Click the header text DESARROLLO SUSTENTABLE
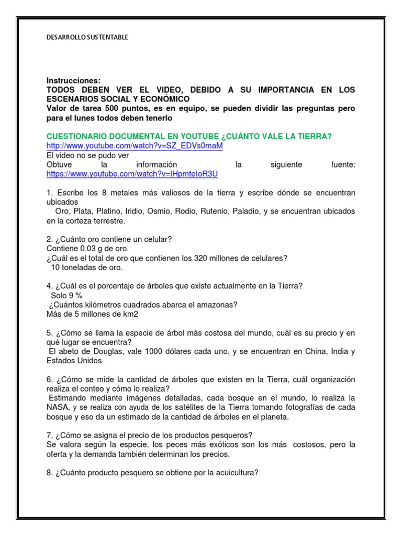click(x=87, y=37)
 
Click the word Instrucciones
click(x=73, y=81)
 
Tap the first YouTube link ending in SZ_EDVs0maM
click(x=135, y=146)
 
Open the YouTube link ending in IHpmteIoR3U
click(x=132, y=174)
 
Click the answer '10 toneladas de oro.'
click(x=87, y=267)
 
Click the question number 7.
click(x=49, y=435)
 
